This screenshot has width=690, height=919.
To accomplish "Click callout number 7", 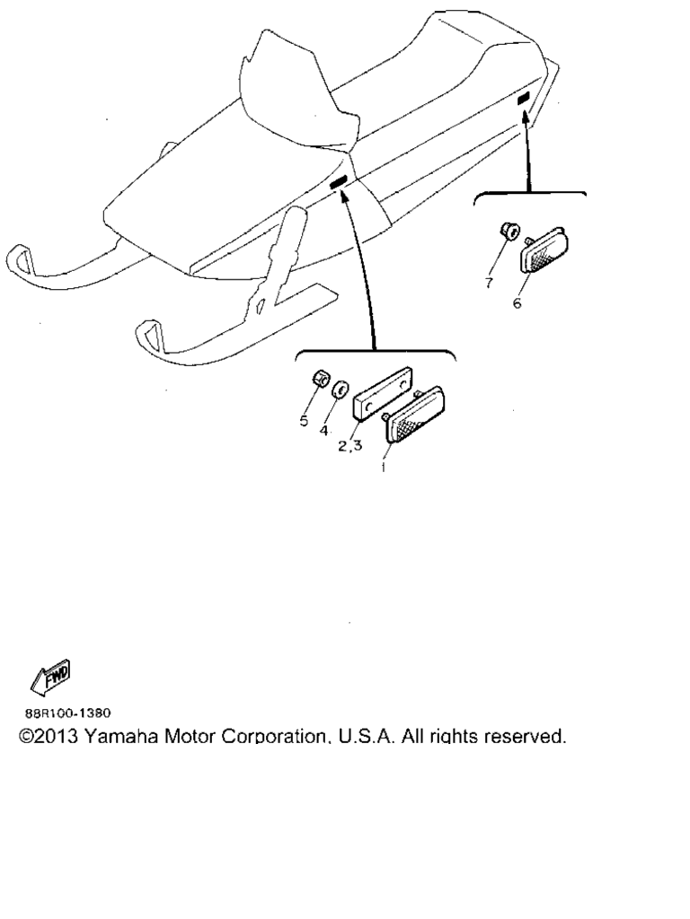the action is [x=489, y=283].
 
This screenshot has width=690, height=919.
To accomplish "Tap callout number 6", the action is [x=517, y=303].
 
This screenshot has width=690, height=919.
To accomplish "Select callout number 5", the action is [x=304, y=420].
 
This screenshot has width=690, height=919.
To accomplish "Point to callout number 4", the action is [x=323, y=431].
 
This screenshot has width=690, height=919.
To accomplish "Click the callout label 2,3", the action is [x=349, y=445].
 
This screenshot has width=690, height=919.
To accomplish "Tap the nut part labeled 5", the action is [x=319, y=379].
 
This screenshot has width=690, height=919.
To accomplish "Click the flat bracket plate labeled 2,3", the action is [x=383, y=394].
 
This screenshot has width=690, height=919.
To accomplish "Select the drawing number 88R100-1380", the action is [x=67, y=713].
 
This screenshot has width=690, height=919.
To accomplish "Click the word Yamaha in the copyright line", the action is [x=120, y=736].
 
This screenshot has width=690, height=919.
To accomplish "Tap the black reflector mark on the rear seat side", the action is [x=524, y=98].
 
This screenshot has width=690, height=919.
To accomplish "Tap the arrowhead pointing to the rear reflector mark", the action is [x=526, y=119].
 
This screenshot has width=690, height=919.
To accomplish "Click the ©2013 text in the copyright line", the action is [x=49, y=736].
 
